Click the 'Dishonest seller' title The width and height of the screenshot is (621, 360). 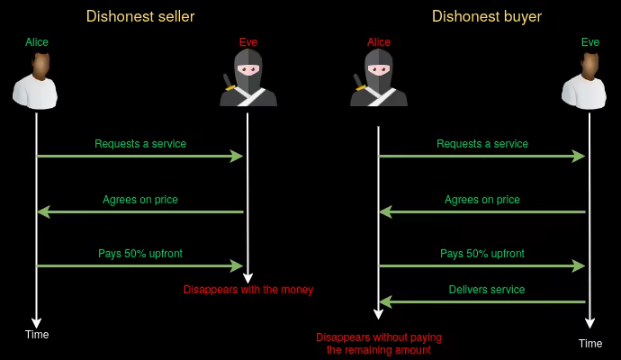point(140,16)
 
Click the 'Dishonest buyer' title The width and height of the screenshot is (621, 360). point(487,16)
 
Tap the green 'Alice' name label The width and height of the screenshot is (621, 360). point(36,42)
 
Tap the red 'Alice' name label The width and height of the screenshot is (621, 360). point(379,42)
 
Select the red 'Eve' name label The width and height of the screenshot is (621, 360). point(247,42)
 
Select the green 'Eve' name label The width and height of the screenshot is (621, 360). point(590,42)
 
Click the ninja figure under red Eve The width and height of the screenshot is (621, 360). point(247,78)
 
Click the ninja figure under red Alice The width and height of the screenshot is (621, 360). point(379,78)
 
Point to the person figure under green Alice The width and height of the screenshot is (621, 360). point(36,80)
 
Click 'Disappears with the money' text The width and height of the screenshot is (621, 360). point(248,290)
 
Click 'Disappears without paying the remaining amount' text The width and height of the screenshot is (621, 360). point(379,344)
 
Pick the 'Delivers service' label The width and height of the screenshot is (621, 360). point(487,290)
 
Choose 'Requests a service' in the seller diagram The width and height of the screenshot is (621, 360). point(140,144)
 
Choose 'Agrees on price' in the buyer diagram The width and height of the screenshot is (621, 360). point(482,200)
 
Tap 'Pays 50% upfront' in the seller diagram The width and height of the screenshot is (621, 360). point(140,254)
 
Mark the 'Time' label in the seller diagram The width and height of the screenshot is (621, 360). point(37,335)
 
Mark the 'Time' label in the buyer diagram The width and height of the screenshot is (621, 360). point(590,344)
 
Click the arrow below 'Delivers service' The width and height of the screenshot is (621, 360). point(482,302)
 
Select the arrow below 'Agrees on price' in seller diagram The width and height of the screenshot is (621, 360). point(140,212)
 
